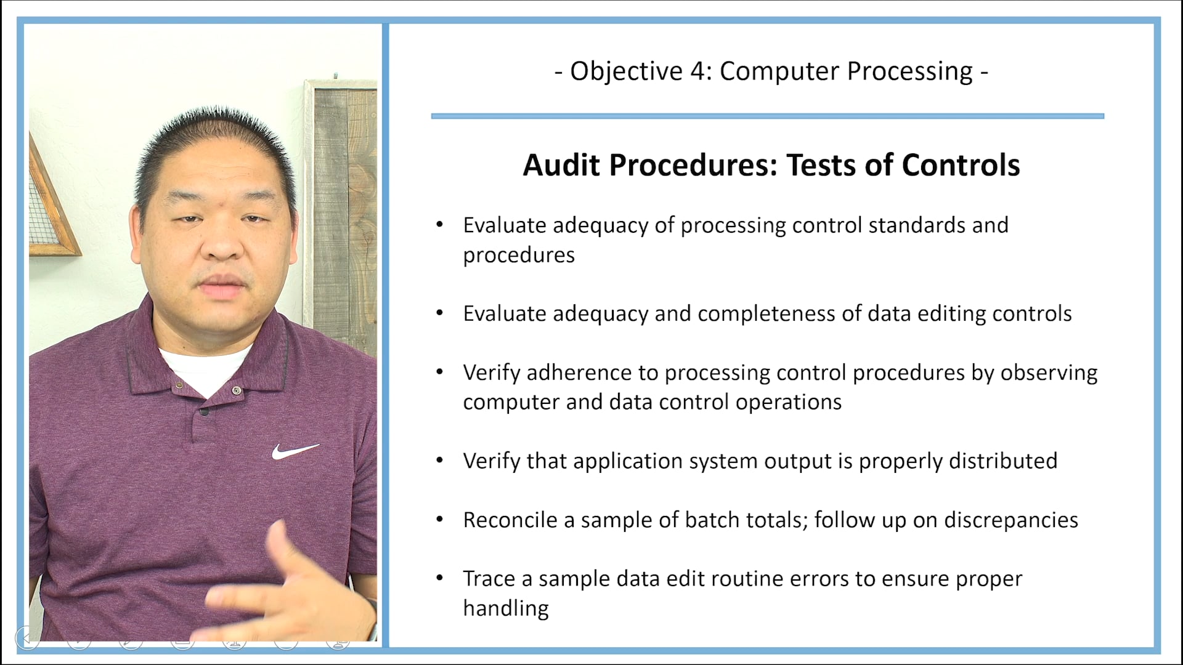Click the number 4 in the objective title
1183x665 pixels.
[x=697, y=71]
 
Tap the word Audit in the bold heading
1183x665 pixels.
[x=561, y=165]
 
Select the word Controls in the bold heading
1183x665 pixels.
[x=961, y=165]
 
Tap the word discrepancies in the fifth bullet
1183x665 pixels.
[x=1011, y=520]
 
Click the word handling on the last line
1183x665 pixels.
[x=506, y=608]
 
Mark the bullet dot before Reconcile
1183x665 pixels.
[x=439, y=520]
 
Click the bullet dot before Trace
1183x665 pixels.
[x=439, y=578]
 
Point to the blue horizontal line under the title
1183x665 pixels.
[x=767, y=116]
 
